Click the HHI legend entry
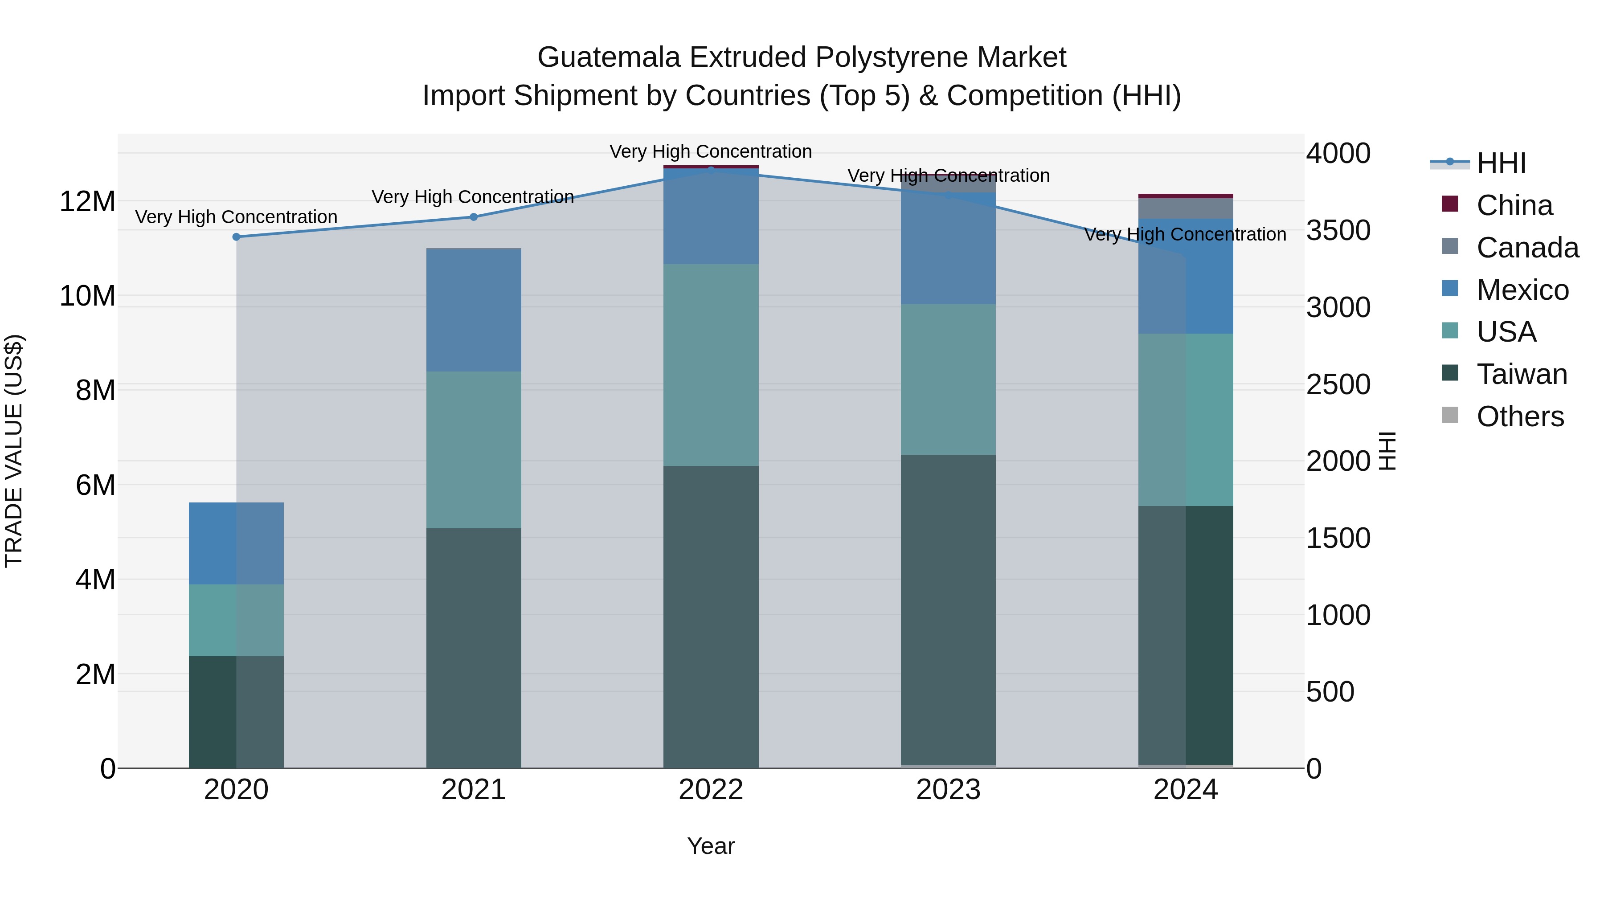coord(1501,163)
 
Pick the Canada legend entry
coord(1527,248)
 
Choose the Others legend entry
coord(1519,416)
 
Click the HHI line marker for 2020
coord(236,237)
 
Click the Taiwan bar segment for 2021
coord(473,647)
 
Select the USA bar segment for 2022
coord(711,365)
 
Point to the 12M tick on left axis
coord(87,202)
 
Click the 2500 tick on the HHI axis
coord(1338,385)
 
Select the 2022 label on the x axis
coord(711,790)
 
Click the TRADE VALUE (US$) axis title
coord(14,451)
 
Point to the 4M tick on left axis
coord(95,580)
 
